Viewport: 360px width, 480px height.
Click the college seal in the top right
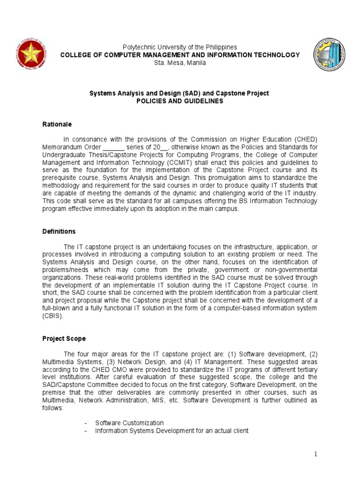(330, 55)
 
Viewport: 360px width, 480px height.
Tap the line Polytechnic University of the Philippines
(180, 47)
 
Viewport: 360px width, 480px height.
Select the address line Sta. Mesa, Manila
(180, 63)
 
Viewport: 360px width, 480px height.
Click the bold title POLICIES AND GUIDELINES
(180, 101)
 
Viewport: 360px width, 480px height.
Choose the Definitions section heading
(59, 232)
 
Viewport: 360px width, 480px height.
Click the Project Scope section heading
(64, 338)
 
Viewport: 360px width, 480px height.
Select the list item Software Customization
(129, 423)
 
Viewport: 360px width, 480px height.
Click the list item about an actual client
(172, 431)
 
